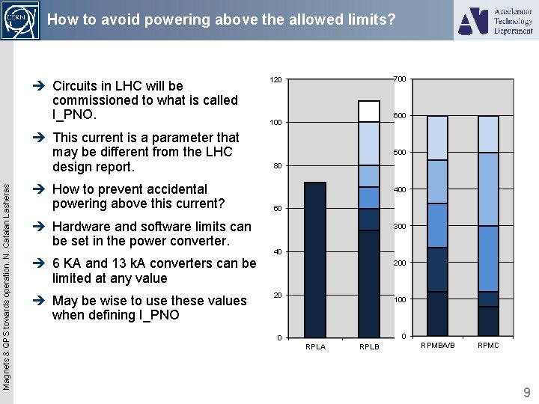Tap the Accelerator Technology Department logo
pos(496,20)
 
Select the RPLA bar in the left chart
pos(315,259)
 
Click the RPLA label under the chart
pos(315,346)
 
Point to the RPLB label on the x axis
pos(369,346)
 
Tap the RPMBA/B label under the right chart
pos(438,345)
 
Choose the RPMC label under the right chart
pos(488,345)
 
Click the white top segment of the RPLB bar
pos(369,111)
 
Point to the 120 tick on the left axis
pos(276,79)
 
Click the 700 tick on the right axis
pos(400,79)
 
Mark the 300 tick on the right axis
pos(400,226)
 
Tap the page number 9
pos(526,391)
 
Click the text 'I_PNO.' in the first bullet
pos(74,115)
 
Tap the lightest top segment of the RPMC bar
pos(488,134)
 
